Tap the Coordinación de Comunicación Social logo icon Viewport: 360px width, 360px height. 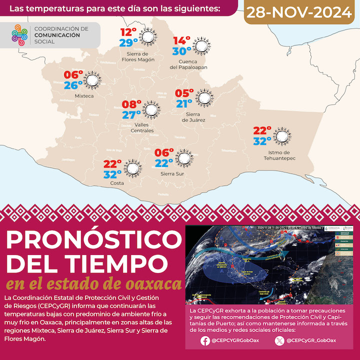(x=19, y=35)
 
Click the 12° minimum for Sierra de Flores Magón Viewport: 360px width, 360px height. (x=128, y=33)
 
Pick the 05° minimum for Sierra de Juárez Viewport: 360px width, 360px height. (x=183, y=93)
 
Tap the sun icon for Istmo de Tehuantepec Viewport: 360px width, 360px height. (x=281, y=136)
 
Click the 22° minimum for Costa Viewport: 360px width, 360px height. (x=113, y=164)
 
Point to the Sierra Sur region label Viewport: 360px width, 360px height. (x=171, y=174)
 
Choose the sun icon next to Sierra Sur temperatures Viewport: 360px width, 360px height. (x=184, y=158)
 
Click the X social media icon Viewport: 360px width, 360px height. (x=279, y=341)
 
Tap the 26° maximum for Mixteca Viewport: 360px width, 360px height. (x=73, y=85)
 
